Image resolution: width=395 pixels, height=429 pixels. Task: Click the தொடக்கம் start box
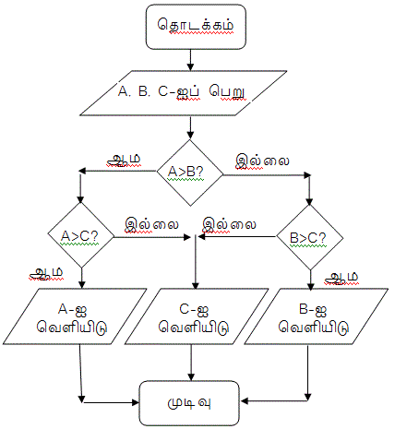[196, 27]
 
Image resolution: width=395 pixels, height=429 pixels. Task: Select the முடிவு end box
[189, 403]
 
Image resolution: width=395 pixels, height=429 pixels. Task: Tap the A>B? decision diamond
[190, 173]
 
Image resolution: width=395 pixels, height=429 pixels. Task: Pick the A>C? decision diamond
[81, 236]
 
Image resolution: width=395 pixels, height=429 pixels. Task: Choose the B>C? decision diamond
[310, 237]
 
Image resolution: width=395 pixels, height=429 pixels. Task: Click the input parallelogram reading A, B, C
[184, 93]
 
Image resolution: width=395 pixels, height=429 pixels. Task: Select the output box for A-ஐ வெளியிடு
[75, 316]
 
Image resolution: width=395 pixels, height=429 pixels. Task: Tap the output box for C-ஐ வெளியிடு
[197, 316]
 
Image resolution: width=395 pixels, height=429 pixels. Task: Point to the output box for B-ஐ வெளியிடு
[316, 316]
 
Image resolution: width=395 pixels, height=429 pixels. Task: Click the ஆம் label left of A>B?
[124, 160]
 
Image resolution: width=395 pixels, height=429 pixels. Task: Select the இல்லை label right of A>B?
[262, 161]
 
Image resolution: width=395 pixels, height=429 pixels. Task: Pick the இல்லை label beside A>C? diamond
[151, 225]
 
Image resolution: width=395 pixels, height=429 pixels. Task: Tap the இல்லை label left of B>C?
[229, 225]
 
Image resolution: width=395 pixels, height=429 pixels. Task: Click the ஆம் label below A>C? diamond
[46, 273]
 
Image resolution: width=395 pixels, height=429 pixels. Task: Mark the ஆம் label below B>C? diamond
[341, 278]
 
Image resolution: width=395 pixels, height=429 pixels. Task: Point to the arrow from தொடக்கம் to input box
[190, 60]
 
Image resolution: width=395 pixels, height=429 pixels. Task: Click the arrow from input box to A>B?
[190, 127]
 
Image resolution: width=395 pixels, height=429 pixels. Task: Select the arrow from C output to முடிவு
[191, 363]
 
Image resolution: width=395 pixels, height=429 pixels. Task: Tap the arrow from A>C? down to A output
[81, 279]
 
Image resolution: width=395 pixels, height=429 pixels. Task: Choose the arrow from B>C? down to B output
[310, 280]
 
